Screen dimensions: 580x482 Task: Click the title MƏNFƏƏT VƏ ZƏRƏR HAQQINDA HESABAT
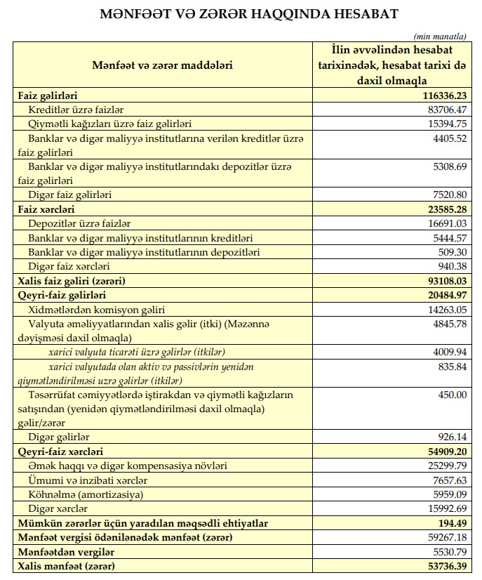coord(241,14)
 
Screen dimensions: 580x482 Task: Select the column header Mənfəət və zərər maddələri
coord(162,65)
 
